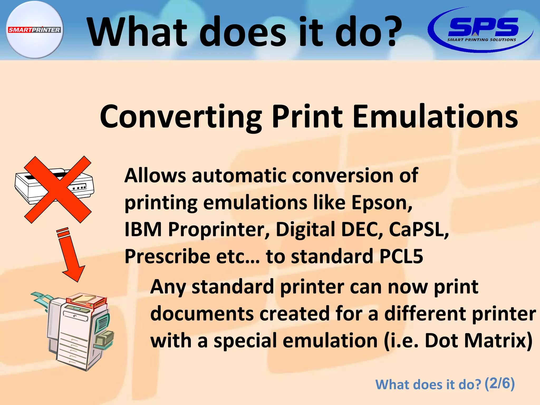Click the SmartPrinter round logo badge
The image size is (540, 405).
pyautogui.click(x=35, y=30)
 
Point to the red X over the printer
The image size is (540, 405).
pyautogui.click(x=58, y=190)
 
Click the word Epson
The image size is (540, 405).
pyautogui.click(x=381, y=202)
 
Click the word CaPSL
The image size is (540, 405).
pyautogui.click(x=418, y=229)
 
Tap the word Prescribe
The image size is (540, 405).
pyautogui.click(x=167, y=257)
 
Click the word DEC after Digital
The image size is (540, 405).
pyautogui.click(x=361, y=229)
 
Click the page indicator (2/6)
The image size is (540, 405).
pyautogui.click(x=499, y=384)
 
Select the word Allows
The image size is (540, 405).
pyautogui.click(x=155, y=175)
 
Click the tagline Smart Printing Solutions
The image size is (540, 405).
pyautogui.click(x=481, y=40)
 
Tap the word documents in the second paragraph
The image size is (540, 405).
pyautogui.click(x=202, y=314)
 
